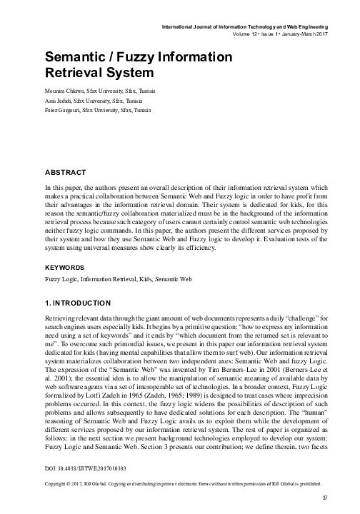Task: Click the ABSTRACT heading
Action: coord(66,172)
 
